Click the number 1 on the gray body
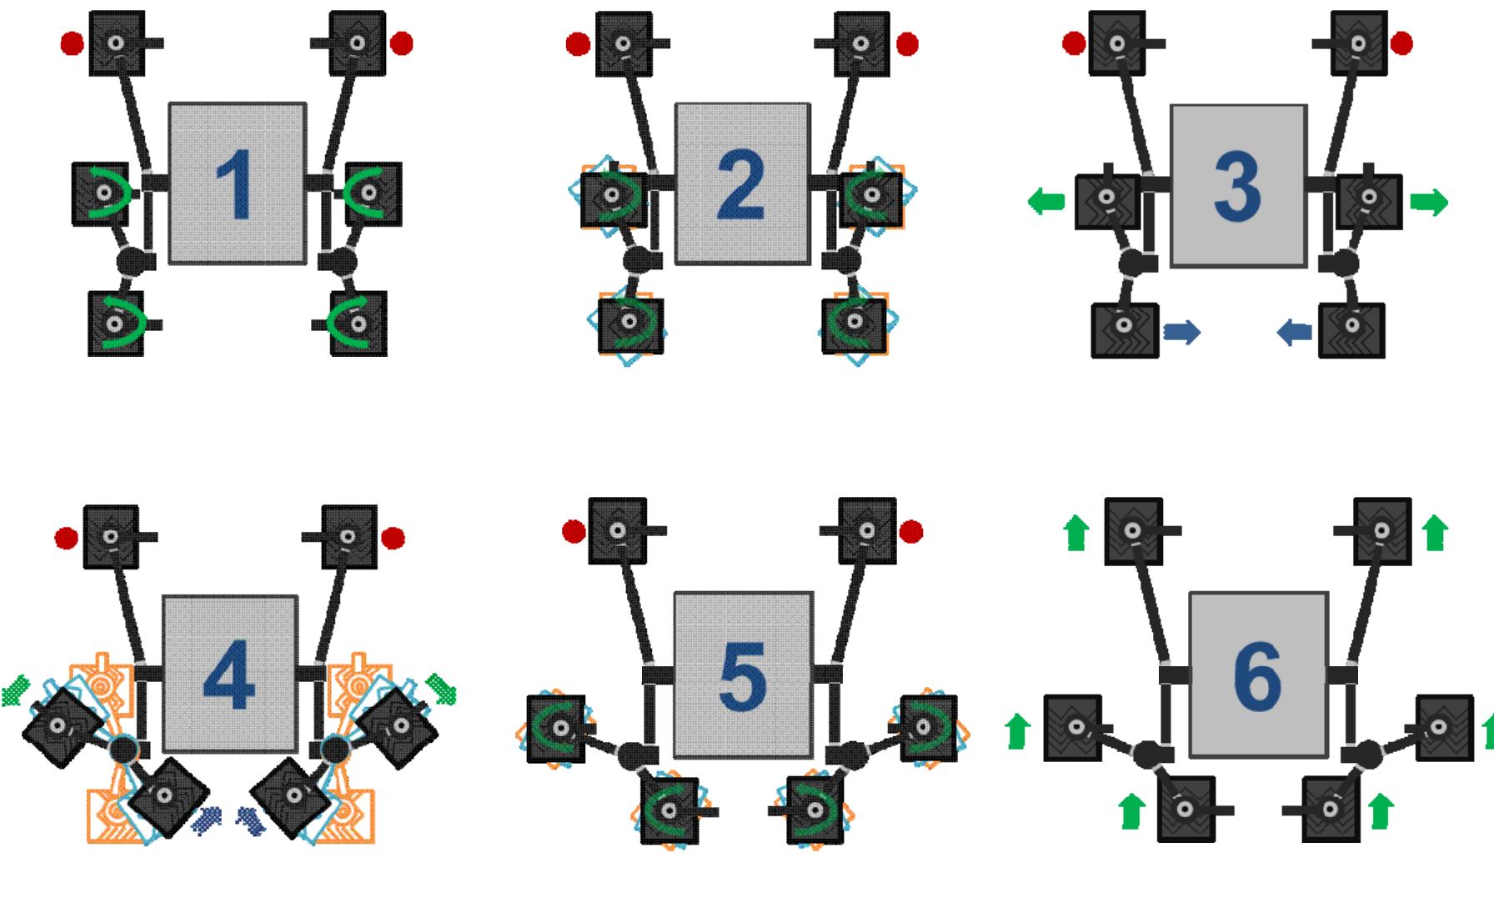(238, 186)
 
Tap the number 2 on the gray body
(741, 186)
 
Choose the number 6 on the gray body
(1257, 677)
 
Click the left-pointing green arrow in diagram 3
(1046, 201)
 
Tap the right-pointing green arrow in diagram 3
(1429, 202)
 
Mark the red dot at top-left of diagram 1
(73, 43)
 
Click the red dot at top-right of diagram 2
(907, 43)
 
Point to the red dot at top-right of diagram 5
(912, 531)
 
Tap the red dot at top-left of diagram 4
(66, 538)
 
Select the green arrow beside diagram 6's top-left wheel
(1076, 533)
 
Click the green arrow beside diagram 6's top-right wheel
(1435, 533)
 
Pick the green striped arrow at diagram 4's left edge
(16, 691)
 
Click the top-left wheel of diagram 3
(1117, 43)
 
